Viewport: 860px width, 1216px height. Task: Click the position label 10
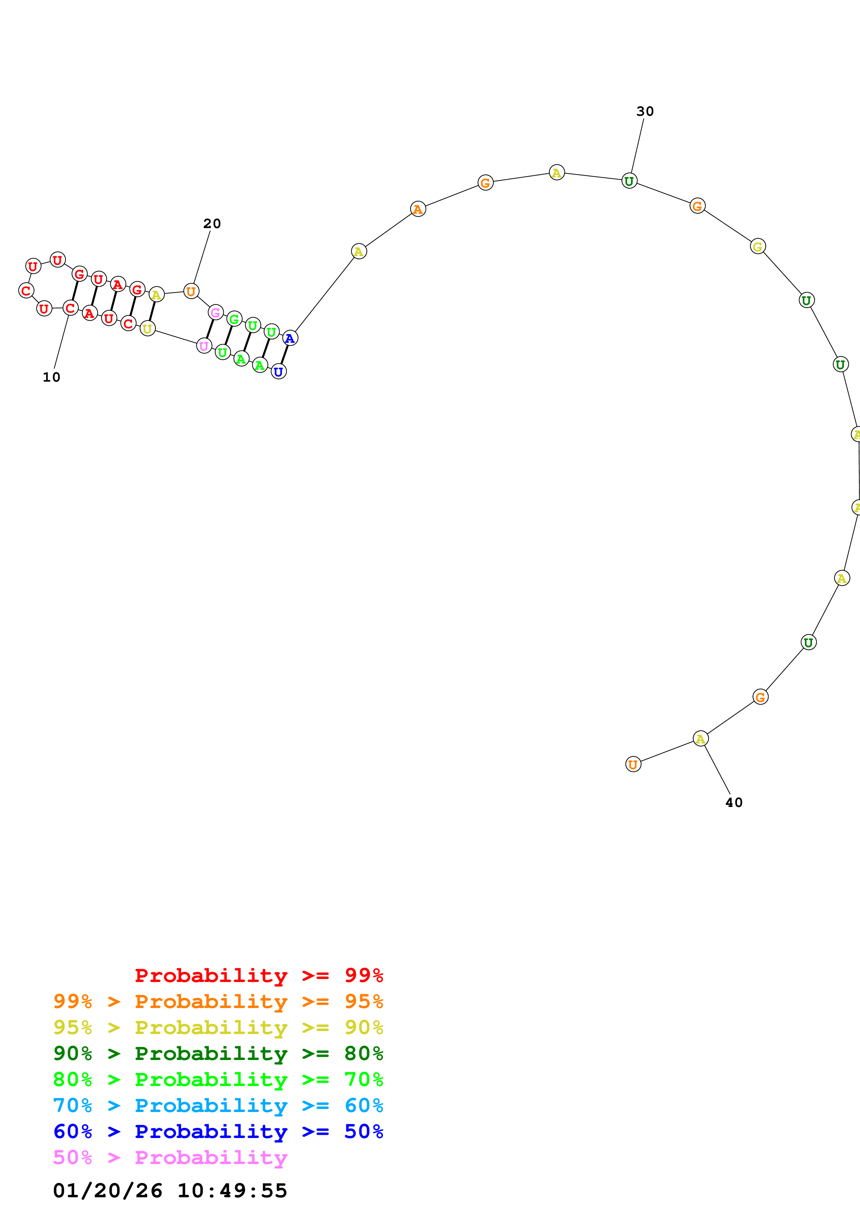coord(51,377)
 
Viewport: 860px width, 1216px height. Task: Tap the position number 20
coord(212,224)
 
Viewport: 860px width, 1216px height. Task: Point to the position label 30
coord(645,111)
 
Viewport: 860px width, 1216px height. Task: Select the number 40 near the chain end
coord(734,802)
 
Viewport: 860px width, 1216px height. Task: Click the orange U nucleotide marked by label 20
coord(191,291)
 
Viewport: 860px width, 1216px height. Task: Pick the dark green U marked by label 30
coord(629,181)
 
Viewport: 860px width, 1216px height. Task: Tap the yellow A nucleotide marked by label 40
coord(700,738)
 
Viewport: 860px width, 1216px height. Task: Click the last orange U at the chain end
coord(633,764)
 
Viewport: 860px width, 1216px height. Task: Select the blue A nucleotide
coord(290,338)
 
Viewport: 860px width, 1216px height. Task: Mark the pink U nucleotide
coord(204,346)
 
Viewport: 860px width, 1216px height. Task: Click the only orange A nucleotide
coord(418,209)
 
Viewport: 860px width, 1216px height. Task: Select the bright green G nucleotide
coord(234,319)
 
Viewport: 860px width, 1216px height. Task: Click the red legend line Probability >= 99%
coord(258,975)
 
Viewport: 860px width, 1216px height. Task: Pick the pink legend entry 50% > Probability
coord(170,1158)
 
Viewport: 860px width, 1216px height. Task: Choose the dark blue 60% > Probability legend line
coord(218,1132)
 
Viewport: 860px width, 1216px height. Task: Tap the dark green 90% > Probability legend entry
coord(218,1053)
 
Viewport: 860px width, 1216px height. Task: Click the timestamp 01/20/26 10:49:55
coord(170,1191)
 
